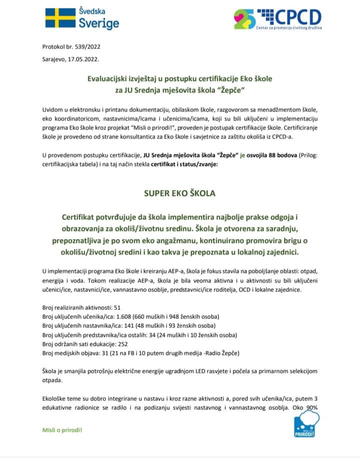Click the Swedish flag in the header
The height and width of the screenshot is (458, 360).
coord(59,19)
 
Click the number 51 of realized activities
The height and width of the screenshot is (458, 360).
coord(118,308)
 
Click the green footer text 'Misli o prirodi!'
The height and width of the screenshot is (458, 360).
coord(63,430)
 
